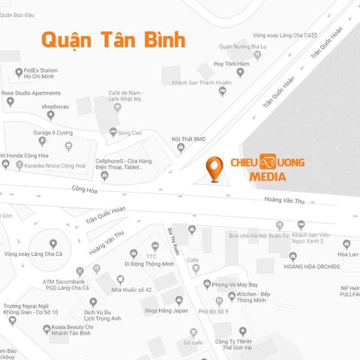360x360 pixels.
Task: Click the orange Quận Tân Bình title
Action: point(112,39)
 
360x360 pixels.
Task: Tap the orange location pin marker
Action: point(215,169)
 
